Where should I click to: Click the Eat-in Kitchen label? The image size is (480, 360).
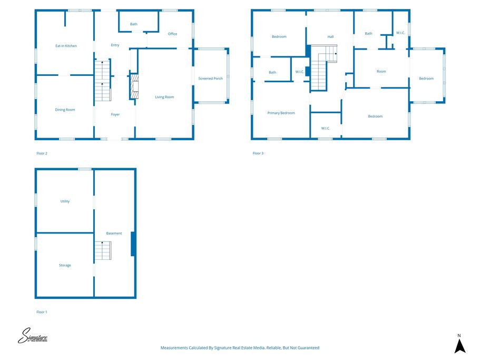click(66, 46)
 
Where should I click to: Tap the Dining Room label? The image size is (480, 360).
click(65, 110)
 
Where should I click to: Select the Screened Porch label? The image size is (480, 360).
click(210, 79)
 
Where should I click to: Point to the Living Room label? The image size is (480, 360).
click(164, 97)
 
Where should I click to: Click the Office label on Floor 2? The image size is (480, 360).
click(172, 34)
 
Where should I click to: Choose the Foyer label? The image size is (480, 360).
click(115, 114)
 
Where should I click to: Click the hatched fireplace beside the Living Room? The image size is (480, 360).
click(134, 86)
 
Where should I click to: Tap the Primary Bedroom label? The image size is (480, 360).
click(281, 113)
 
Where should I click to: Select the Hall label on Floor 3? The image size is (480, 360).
click(330, 37)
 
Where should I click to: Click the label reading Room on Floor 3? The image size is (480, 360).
click(381, 71)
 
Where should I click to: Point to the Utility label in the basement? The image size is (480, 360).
click(65, 201)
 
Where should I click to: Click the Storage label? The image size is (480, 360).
click(65, 265)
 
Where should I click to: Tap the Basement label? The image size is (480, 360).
click(114, 233)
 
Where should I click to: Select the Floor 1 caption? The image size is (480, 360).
click(42, 312)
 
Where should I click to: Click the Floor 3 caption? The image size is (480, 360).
click(258, 153)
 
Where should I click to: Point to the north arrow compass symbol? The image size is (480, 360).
click(460, 344)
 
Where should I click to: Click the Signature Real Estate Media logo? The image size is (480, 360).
click(33, 336)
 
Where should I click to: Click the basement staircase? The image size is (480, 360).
click(103, 250)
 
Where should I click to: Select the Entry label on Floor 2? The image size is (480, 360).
click(115, 45)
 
